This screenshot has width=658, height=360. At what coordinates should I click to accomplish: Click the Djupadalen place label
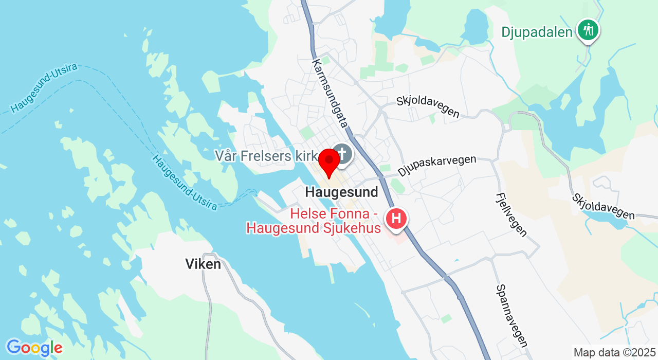pos(537,32)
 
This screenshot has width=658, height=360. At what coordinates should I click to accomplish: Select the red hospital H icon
pos(396,219)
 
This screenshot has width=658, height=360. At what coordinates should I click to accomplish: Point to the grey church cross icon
pos(341,153)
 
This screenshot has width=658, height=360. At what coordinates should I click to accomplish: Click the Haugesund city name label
pos(341,192)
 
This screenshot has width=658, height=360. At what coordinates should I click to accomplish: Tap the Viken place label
pos(203,264)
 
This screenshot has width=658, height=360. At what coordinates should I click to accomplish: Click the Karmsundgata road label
pos(330,93)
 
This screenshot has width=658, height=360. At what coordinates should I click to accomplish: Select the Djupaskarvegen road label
pos(437,165)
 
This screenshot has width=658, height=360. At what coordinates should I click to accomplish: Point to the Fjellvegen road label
pos(511,214)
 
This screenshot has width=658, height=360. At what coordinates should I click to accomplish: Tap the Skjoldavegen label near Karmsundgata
pos(428,106)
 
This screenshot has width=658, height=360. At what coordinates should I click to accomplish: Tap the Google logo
pos(34,348)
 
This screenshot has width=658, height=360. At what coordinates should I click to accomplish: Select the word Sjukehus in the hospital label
pos(354,228)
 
